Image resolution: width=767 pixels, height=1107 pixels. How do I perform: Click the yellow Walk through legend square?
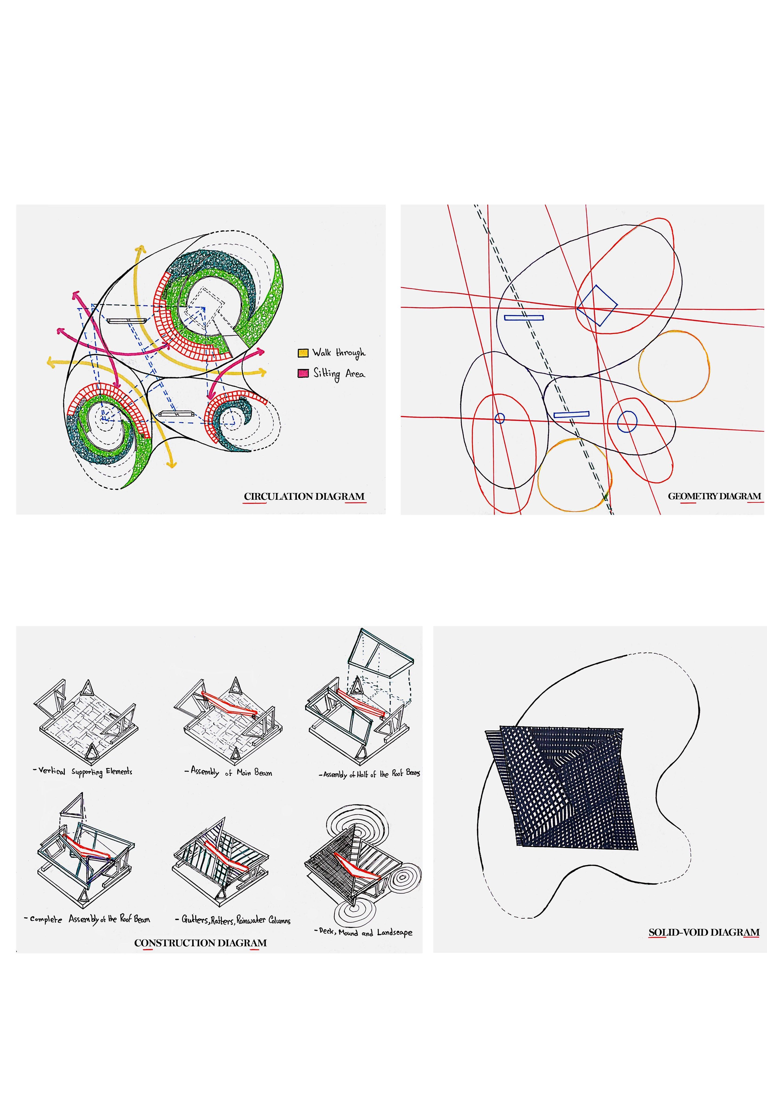point(303,353)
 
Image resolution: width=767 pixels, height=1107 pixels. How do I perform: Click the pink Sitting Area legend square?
point(303,374)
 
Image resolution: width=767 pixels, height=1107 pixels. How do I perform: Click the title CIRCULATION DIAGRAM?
point(304,496)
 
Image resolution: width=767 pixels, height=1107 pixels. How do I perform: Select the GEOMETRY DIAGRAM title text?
point(715,496)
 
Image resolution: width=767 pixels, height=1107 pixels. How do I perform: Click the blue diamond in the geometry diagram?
point(597,305)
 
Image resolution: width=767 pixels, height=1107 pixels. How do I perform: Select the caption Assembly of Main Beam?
point(228,772)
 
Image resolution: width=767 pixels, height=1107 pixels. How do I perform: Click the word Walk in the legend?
point(321,353)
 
